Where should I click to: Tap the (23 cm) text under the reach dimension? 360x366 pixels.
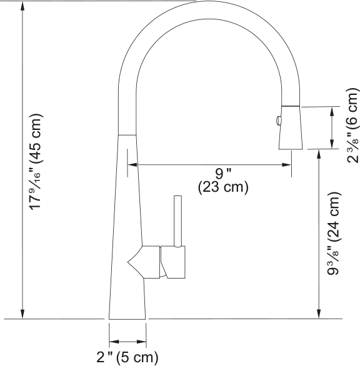[223, 187]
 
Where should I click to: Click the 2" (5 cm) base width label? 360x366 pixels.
[127, 357]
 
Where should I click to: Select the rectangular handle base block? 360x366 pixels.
[173, 262]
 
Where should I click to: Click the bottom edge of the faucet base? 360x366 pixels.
[128, 319]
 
